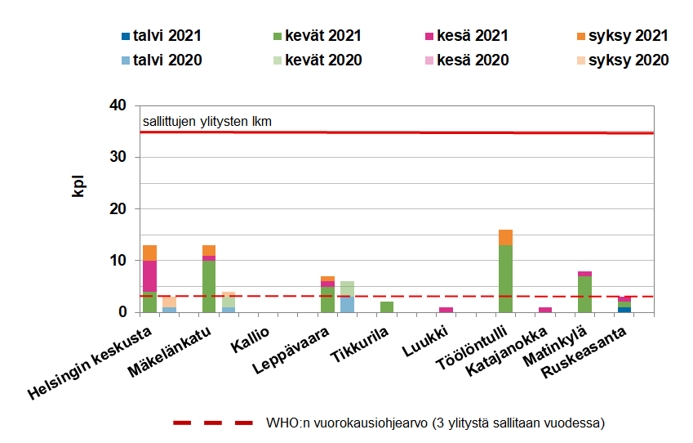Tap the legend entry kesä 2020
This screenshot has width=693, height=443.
tap(472, 60)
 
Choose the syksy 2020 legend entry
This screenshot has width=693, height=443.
tap(628, 60)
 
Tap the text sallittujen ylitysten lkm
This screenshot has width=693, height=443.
tap(207, 122)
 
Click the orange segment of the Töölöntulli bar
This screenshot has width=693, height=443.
tap(505, 237)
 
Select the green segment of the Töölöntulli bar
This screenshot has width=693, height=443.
tap(505, 278)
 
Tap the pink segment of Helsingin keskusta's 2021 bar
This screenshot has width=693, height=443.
tap(149, 275)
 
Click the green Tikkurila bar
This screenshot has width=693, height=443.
tap(387, 307)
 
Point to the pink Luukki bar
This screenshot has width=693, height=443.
tap(446, 309)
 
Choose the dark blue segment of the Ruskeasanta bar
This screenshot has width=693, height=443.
tap(624, 309)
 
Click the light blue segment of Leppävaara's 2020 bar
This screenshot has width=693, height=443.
tap(347, 304)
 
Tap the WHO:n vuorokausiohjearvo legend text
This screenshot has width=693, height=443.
tap(435, 423)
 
